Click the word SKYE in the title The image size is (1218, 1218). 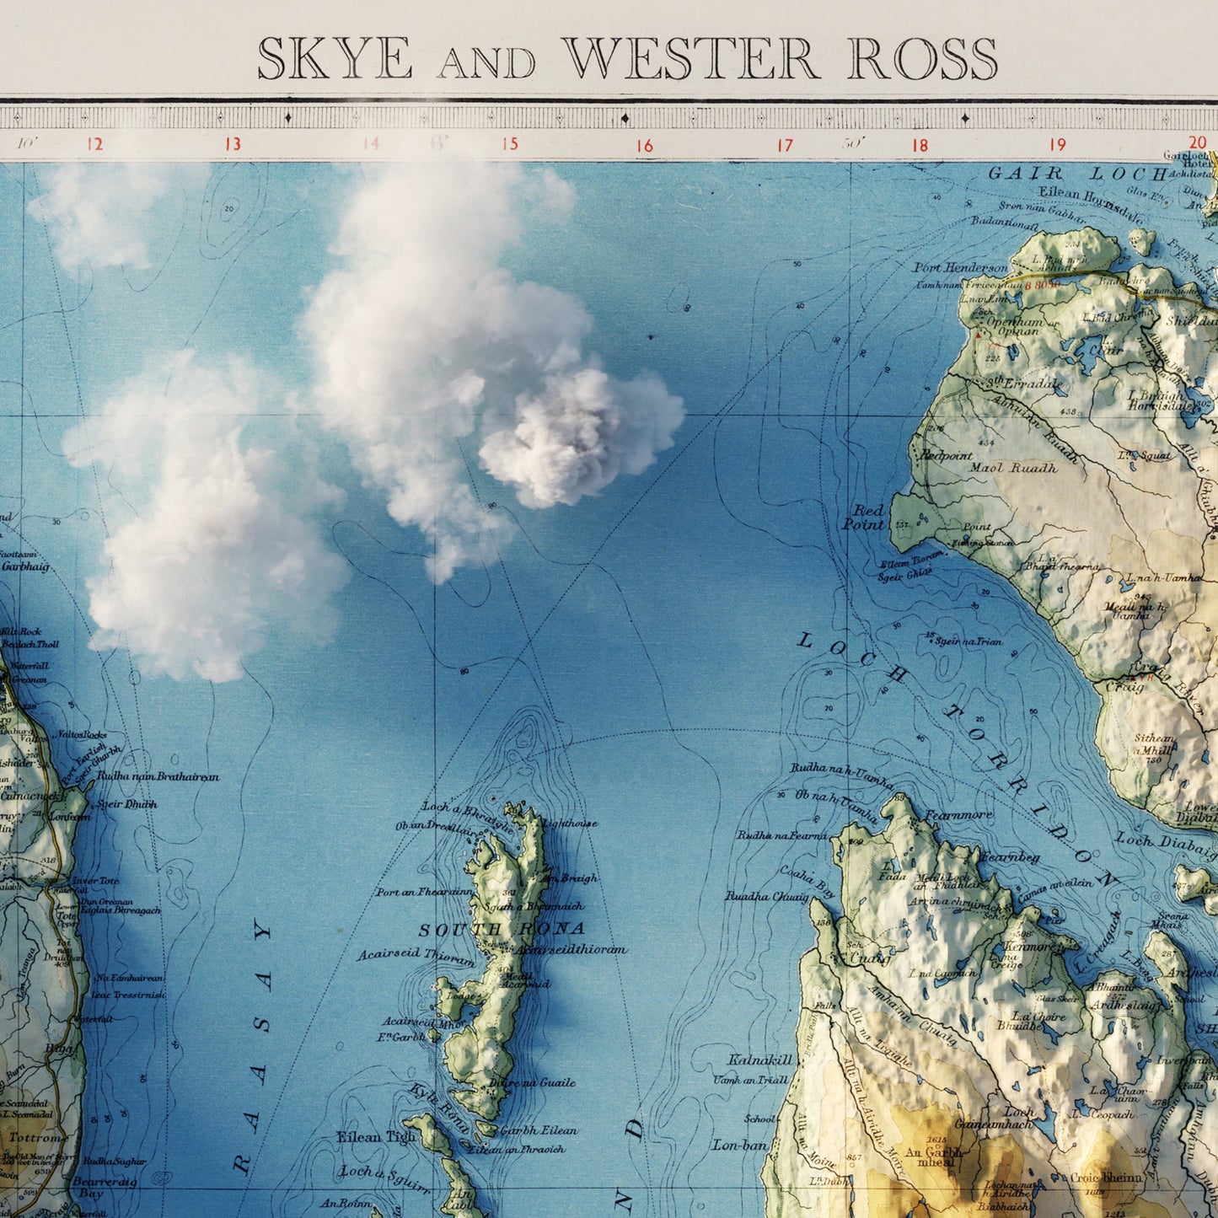click(x=335, y=59)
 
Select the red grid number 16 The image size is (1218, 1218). click(x=645, y=146)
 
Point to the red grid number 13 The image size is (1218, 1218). click(x=233, y=144)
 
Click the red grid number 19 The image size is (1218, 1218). click(x=1057, y=144)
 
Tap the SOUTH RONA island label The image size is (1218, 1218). click(x=502, y=929)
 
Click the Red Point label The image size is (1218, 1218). click(x=866, y=518)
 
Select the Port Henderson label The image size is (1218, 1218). click(x=961, y=267)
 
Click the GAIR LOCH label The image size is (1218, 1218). click(x=1076, y=174)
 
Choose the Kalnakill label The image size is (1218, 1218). click(x=761, y=1060)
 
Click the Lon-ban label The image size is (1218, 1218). click(x=740, y=1146)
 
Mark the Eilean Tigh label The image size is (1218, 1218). click(x=376, y=1136)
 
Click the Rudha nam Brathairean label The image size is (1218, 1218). click(x=158, y=776)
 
